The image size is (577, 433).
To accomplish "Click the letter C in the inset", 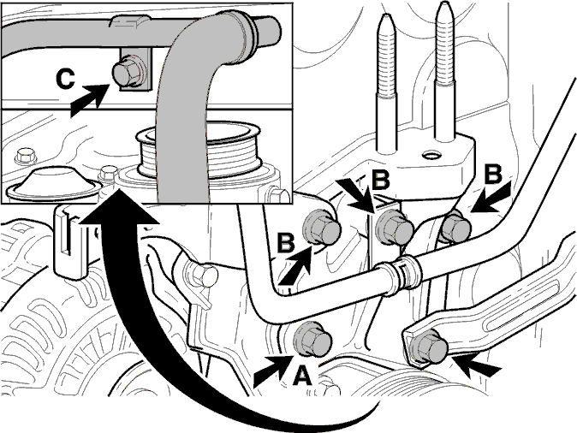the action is click(66, 80).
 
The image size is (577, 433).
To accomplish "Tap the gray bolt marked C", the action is click(128, 73).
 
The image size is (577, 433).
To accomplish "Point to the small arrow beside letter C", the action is click(89, 99).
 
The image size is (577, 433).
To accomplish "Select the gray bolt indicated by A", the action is click(312, 339).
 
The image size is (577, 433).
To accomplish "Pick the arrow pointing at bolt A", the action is click(273, 371).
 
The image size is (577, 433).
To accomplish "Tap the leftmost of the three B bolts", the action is click(321, 228).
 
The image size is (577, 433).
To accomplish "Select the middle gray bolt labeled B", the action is click(394, 228).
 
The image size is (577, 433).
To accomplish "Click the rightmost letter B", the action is click(493, 174).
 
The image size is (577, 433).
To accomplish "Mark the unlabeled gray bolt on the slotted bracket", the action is click(428, 347).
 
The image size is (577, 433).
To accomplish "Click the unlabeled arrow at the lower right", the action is click(476, 365).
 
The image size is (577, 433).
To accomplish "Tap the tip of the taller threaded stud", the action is click(444, 2).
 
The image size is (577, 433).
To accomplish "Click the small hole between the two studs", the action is click(431, 155).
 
